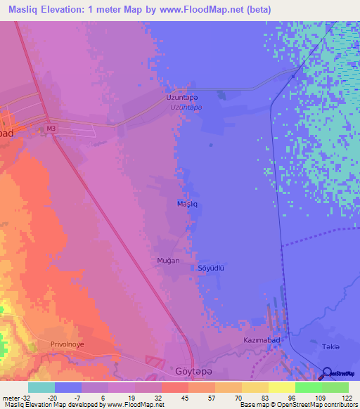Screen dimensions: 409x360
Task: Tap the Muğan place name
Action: (x=168, y=261)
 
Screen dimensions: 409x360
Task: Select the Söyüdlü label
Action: (x=211, y=268)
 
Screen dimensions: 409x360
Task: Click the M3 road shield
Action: (x=50, y=129)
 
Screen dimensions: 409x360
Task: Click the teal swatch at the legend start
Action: (x=41, y=387)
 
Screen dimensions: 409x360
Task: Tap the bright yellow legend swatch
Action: (x=281, y=387)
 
